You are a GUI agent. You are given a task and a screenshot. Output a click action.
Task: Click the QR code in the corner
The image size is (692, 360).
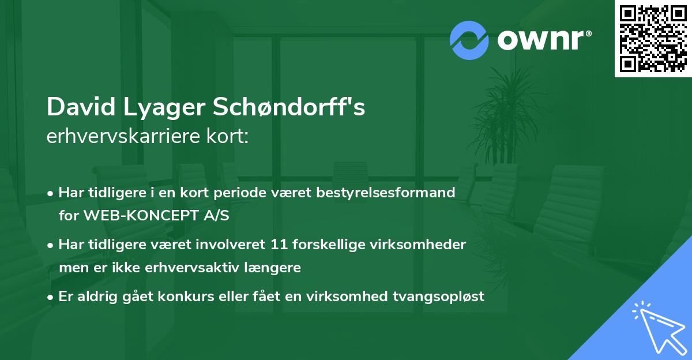click(x=653, y=38)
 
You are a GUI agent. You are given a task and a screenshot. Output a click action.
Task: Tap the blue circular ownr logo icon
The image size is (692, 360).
click(x=469, y=40)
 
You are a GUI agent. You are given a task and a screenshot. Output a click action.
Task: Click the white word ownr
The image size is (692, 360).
click(x=541, y=40)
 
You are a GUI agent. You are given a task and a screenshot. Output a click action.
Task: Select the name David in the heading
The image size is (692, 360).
click(x=81, y=107)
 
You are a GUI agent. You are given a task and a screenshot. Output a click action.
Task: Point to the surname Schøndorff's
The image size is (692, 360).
click(x=289, y=107)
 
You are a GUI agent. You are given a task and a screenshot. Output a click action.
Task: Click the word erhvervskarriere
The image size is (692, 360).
click(x=123, y=136)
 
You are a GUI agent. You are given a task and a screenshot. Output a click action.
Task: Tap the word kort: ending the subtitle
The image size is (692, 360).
click(x=228, y=136)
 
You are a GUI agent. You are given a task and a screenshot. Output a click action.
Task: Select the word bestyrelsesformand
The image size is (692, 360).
click(x=386, y=193)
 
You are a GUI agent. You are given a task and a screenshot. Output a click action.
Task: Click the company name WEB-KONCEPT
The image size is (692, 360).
click(x=141, y=215)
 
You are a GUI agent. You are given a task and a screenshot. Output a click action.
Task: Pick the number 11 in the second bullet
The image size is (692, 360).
click(x=279, y=245)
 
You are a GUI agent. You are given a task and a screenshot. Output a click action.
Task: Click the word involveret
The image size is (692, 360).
click(x=230, y=245)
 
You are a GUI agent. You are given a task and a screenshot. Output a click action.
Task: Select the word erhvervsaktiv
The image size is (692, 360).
click(x=192, y=268)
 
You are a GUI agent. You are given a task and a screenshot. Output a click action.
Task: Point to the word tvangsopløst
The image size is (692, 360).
click(x=438, y=297)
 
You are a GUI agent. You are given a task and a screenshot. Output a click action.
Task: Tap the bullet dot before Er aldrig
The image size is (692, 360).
click(x=50, y=298)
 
